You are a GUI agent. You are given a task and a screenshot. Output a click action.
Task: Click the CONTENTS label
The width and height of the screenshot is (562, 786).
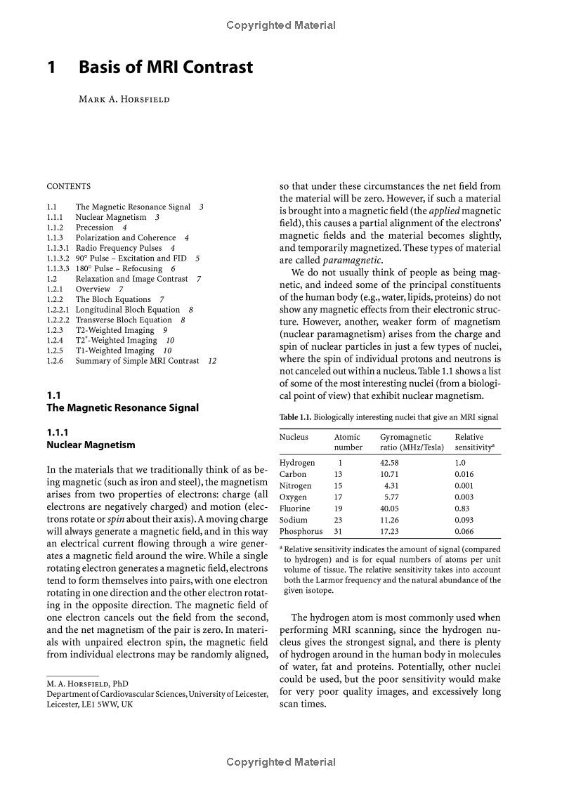pyautogui.click(x=69, y=187)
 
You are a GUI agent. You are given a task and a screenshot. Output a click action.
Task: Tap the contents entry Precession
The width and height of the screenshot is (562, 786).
pyautogui.click(x=95, y=228)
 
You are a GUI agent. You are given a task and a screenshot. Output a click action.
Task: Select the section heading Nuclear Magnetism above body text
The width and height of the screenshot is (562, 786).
pyautogui.click(x=91, y=445)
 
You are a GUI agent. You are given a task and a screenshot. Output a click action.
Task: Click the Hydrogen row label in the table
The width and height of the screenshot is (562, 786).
pyautogui.click(x=297, y=463)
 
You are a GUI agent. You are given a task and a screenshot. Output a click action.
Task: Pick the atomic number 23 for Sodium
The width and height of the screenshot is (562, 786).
pyautogui.click(x=338, y=520)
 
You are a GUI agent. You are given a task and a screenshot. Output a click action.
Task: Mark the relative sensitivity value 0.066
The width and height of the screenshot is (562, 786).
pyautogui.click(x=465, y=532)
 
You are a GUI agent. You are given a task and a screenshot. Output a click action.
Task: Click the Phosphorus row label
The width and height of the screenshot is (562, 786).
pyautogui.click(x=301, y=532)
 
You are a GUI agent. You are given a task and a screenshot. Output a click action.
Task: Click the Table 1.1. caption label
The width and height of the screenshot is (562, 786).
pyautogui.click(x=295, y=417)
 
